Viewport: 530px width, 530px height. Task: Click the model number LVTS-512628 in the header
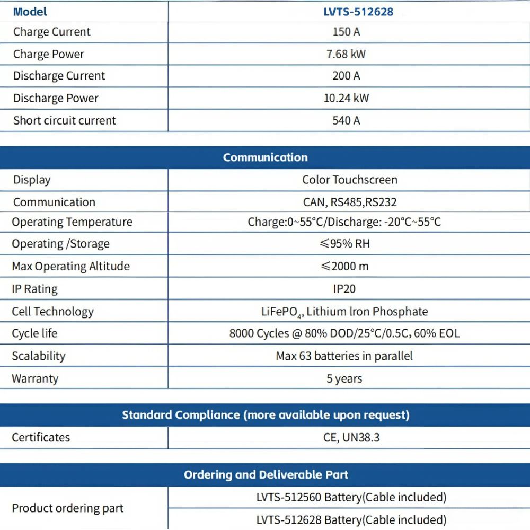pyautogui.click(x=358, y=11)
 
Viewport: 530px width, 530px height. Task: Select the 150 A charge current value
pyautogui.click(x=346, y=32)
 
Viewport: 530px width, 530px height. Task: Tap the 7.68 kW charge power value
pyautogui.click(x=346, y=54)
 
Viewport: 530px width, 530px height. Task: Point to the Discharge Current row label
pyautogui.click(x=59, y=76)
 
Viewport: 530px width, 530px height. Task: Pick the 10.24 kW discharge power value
pyautogui.click(x=346, y=98)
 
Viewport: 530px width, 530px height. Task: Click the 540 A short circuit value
pyautogui.click(x=346, y=120)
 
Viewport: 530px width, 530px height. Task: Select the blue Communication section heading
pyautogui.click(x=265, y=157)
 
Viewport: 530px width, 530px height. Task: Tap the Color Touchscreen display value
pyautogui.click(x=349, y=180)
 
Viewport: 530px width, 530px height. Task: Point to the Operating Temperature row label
pyautogui.click(x=72, y=222)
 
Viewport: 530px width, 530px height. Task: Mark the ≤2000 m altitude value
pyautogui.click(x=344, y=266)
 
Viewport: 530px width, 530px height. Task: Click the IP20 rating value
pyautogui.click(x=344, y=289)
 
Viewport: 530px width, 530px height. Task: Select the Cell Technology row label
pyautogui.click(x=52, y=312)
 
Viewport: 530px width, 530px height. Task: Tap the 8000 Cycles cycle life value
pyautogui.click(x=344, y=333)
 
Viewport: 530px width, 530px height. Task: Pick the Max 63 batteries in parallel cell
pyautogui.click(x=344, y=356)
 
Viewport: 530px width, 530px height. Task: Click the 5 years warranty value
pyautogui.click(x=344, y=378)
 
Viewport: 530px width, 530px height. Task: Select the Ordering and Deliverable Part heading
pyautogui.click(x=266, y=474)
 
